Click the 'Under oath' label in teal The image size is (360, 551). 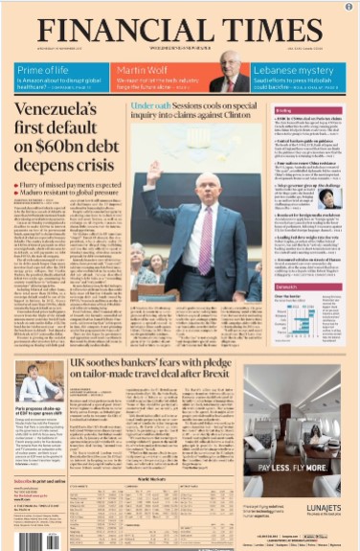coord(150,105)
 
